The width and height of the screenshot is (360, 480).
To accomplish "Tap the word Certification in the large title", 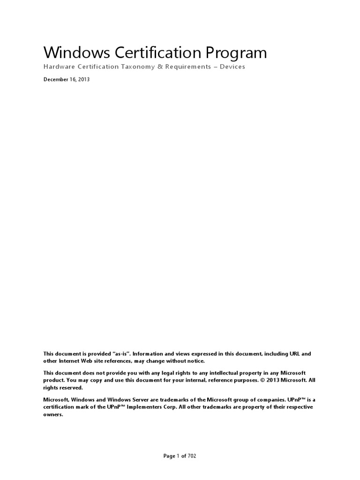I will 148,52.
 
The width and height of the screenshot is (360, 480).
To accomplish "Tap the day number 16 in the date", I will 74,80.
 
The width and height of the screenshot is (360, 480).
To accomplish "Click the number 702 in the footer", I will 192,456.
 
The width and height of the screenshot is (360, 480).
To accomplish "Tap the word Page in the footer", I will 169,456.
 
